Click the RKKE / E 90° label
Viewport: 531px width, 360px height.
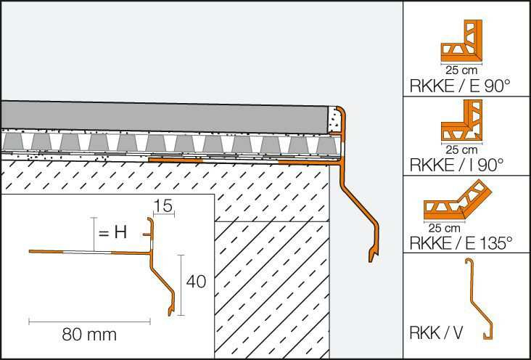click(x=459, y=86)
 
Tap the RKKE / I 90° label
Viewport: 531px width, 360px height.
click(x=457, y=165)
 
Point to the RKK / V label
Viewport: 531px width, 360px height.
click(x=436, y=333)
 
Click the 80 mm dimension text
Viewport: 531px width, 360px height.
click(x=89, y=335)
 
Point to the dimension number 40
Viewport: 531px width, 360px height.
click(x=196, y=282)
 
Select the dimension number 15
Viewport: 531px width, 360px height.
click(x=163, y=205)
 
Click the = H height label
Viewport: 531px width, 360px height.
click(x=112, y=232)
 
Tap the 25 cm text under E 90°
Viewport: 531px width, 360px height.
click(x=461, y=70)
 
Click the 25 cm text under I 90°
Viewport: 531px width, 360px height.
click(x=461, y=150)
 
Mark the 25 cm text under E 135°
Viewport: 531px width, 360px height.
click(x=444, y=228)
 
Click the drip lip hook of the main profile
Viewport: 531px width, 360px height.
click(x=373, y=256)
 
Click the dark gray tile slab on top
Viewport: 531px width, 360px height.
click(x=164, y=118)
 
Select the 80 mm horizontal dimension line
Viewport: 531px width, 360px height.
click(x=89, y=322)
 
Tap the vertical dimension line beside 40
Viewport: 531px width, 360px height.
click(x=181, y=285)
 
